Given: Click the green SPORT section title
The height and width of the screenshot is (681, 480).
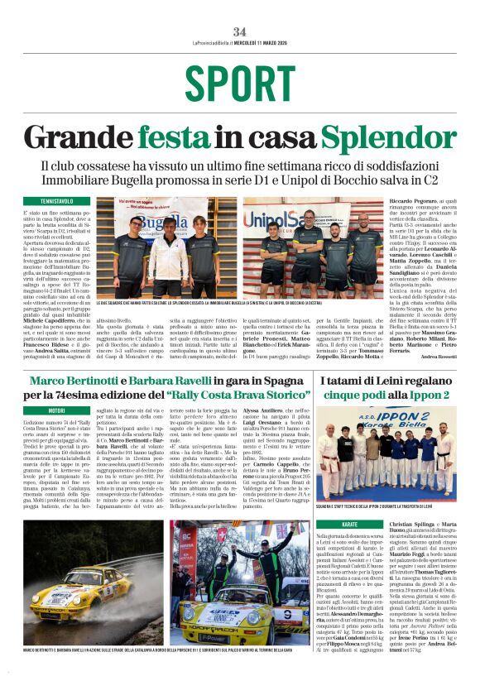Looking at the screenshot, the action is [x=239, y=84].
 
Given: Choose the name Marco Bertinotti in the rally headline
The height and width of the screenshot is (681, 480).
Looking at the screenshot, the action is [x=77, y=380].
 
